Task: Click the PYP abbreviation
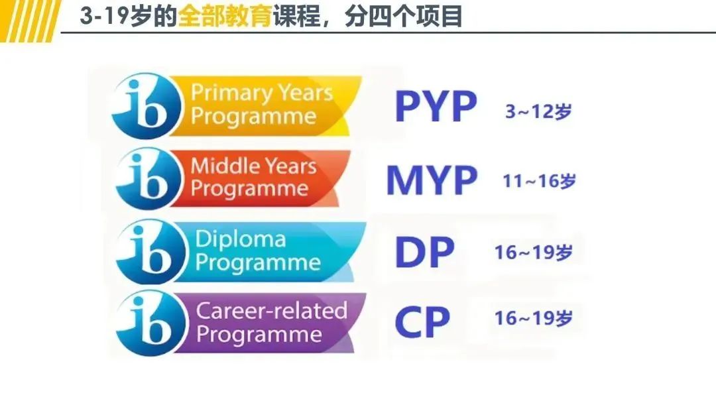436,107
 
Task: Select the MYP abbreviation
432,180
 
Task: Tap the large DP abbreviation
424,252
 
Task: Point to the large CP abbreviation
422,321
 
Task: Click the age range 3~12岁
538,111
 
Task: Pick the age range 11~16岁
539,181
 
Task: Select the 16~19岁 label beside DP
533,253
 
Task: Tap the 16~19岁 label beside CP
533,318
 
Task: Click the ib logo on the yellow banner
147,105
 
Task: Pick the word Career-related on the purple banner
272,310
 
